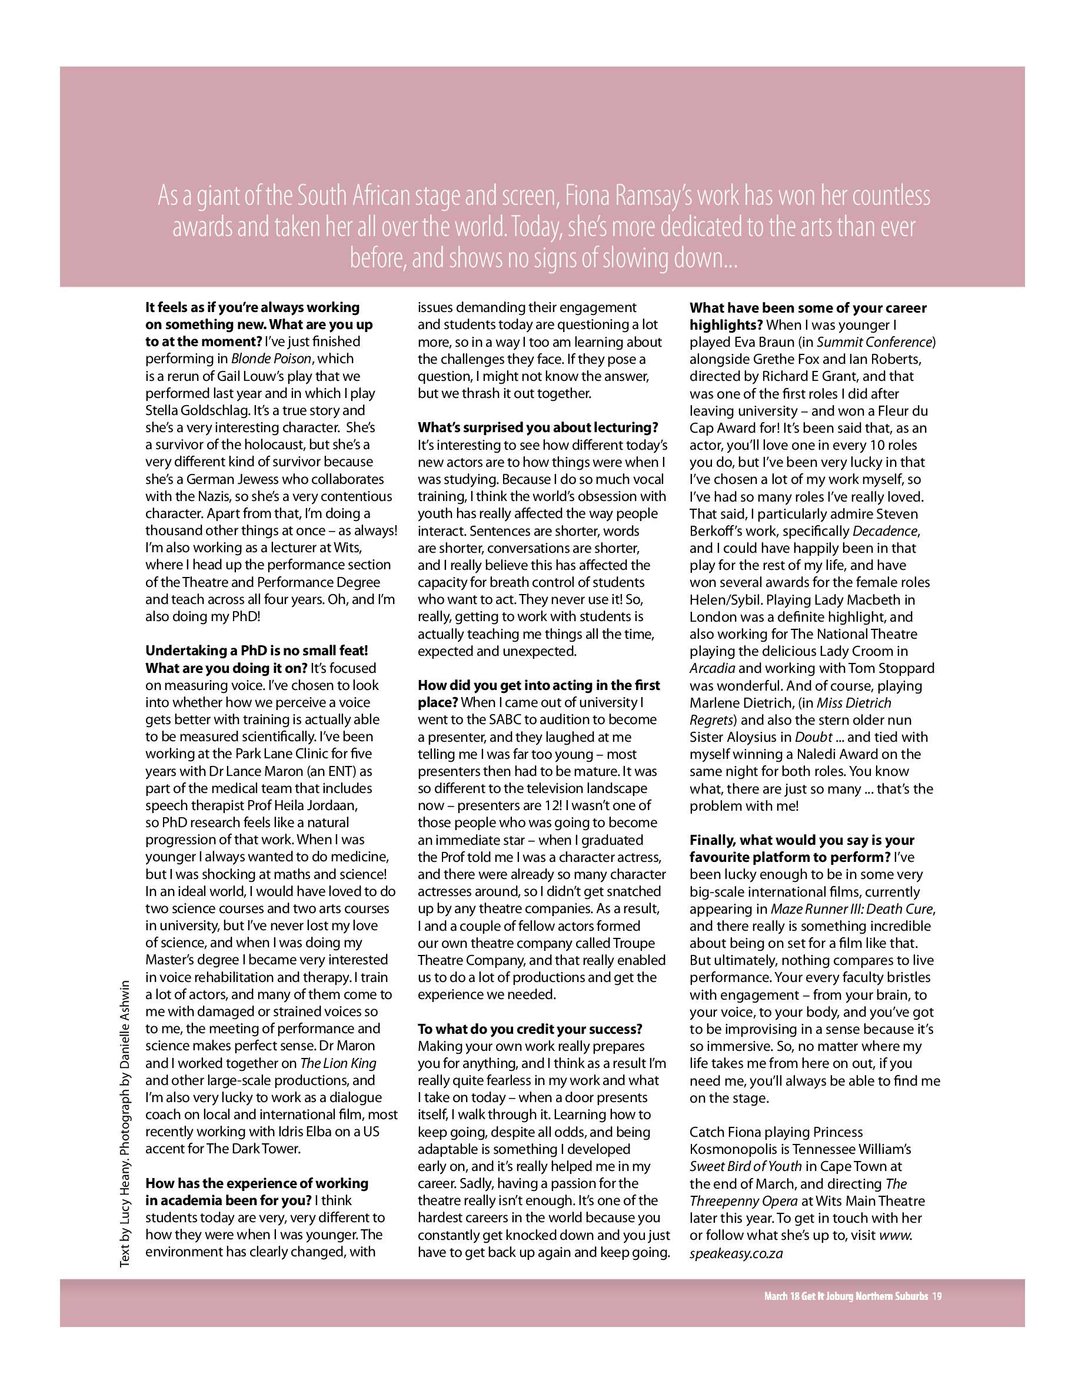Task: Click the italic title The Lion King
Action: click(x=338, y=1063)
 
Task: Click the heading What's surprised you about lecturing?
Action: click(x=538, y=427)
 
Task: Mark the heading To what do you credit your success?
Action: click(x=530, y=1029)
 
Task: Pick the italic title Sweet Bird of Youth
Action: click(x=746, y=1166)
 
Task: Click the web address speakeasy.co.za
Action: click(x=736, y=1252)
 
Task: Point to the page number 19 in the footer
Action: click(x=936, y=1296)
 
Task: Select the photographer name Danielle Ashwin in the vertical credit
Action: click(x=125, y=1026)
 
